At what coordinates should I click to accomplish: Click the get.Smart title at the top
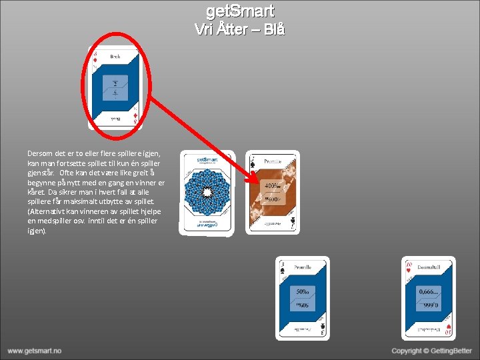pos(240,11)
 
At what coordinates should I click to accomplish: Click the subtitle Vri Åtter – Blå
pos(240,29)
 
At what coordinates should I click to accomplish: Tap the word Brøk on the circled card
pos(115,58)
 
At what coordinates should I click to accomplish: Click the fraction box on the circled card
pos(115,87)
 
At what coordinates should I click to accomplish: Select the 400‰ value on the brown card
pos(272,186)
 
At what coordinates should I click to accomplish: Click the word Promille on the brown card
pos(273,161)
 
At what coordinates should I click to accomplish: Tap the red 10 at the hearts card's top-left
pos(408,265)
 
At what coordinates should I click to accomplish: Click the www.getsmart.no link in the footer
pos(35,351)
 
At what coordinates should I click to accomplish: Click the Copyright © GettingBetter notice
pos(431,351)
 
